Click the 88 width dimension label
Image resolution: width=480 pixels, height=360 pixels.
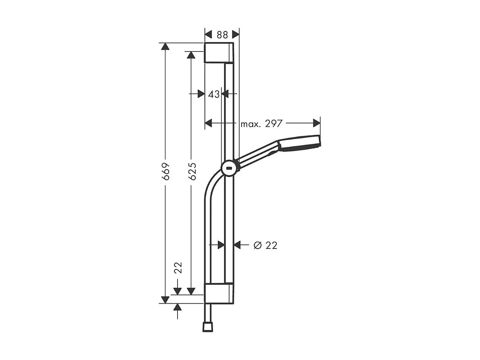(x=222, y=34)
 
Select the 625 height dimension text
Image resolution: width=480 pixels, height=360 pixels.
(x=192, y=172)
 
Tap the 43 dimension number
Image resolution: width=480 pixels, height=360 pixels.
(x=214, y=94)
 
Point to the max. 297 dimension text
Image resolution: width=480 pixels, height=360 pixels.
(x=262, y=124)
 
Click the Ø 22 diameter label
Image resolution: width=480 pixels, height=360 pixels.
(x=266, y=245)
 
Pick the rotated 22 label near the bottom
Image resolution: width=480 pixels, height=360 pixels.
(x=178, y=268)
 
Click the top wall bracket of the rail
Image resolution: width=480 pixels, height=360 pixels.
(x=219, y=53)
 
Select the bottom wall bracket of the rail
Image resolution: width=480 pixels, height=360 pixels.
(x=219, y=294)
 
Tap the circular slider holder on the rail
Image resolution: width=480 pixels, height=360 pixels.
(x=229, y=168)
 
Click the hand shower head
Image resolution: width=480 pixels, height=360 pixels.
(x=300, y=143)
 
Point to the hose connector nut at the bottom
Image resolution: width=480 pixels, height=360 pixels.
(x=207, y=327)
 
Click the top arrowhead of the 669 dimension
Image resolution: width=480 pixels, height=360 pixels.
(x=165, y=46)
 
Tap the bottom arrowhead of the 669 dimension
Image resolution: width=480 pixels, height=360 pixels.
(x=165, y=300)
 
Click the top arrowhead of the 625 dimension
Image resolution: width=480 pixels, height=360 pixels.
(x=191, y=55)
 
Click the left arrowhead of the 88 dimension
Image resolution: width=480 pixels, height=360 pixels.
(x=208, y=34)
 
